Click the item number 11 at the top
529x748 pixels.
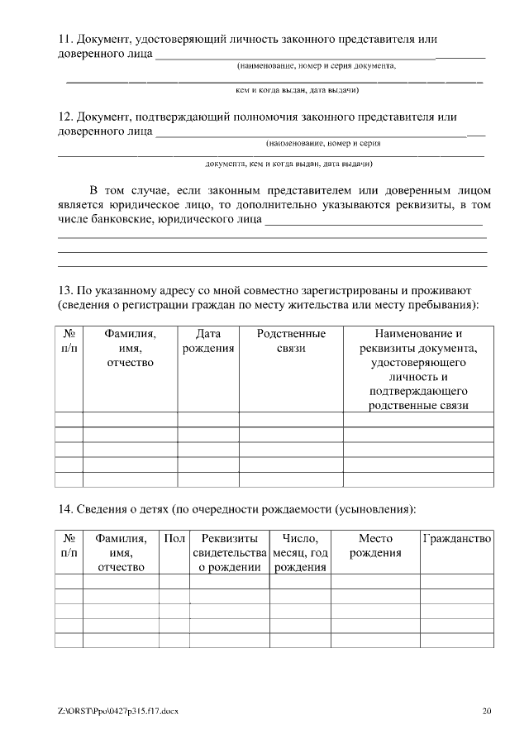64,39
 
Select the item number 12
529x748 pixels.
64,117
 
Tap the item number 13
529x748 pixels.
64,292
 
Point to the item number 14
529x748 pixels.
64,507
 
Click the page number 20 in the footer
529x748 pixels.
487,710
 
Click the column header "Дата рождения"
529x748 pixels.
207,341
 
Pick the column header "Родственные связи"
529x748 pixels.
291,341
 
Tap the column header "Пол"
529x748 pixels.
174,538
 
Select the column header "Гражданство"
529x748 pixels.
457,538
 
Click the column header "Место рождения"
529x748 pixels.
375,546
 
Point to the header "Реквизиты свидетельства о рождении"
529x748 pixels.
229,553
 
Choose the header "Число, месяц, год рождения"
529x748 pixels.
300,553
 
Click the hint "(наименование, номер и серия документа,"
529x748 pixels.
317,65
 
